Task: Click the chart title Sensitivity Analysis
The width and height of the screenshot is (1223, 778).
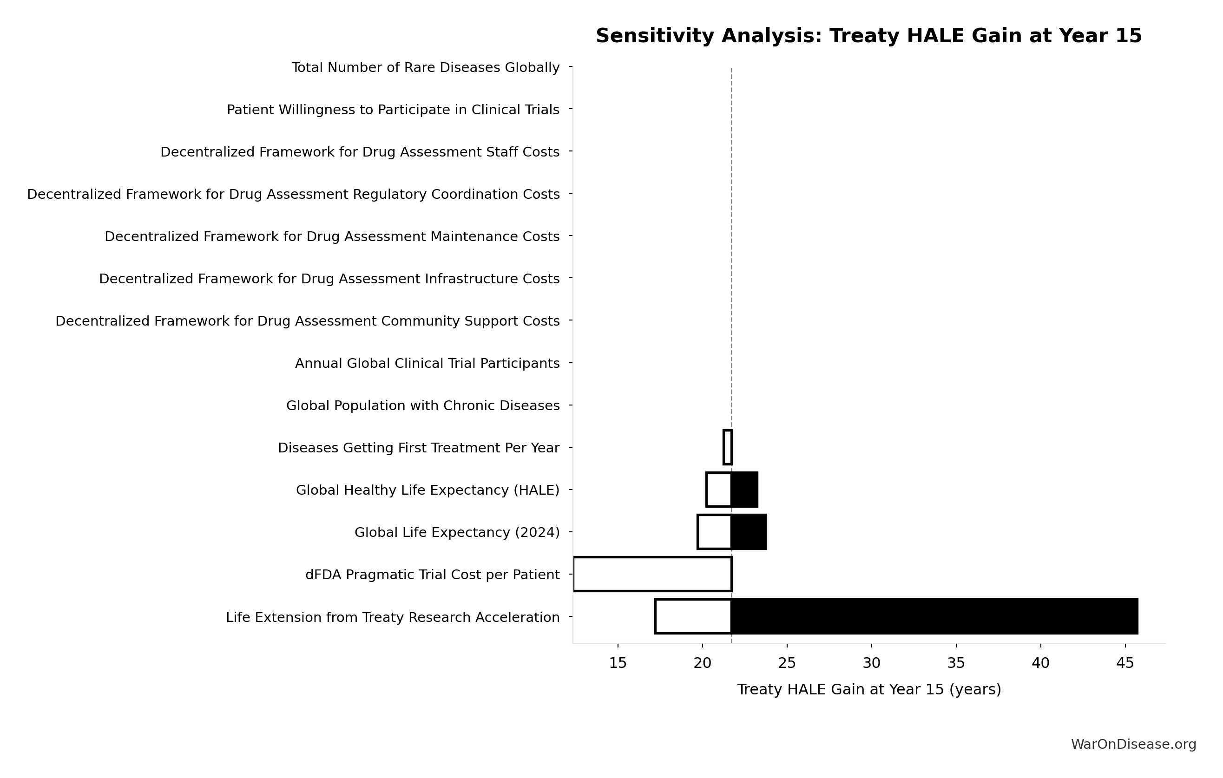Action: pyautogui.click(x=868, y=36)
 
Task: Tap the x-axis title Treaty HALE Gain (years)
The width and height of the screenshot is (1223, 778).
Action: pyautogui.click(x=869, y=690)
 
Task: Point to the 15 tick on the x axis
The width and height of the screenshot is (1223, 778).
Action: pyautogui.click(x=618, y=663)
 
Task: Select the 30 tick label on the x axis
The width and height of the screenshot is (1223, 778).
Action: pyautogui.click(x=872, y=663)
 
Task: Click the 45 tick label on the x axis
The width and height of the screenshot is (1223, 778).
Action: pyautogui.click(x=1125, y=663)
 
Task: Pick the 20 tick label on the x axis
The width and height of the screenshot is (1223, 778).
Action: pyautogui.click(x=703, y=663)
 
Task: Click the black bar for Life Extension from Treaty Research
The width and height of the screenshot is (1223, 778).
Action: pyautogui.click(x=934, y=616)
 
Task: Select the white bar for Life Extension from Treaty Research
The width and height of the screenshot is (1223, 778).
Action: pyautogui.click(x=693, y=616)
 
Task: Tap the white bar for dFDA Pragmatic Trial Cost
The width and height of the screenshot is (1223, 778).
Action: pyautogui.click(x=653, y=575)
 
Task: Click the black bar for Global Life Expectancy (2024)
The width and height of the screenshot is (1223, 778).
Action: pyautogui.click(x=749, y=532)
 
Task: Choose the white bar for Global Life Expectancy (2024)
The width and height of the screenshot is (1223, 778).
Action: pyautogui.click(x=715, y=532)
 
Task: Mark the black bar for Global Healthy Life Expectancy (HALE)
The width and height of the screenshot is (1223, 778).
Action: pyautogui.click(x=744, y=490)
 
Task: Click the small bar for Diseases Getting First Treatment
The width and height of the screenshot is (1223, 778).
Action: pyautogui.click(x=727, y=447)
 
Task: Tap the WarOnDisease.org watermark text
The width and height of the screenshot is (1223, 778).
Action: pyautogui.click(x=1134, y=745)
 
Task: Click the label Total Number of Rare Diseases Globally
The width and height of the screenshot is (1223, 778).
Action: pyautogui.click(x=426, y=67)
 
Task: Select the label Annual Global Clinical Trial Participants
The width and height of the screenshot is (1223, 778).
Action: pyautogui.click(x=427, y=364)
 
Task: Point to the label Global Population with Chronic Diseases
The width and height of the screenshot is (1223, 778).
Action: pyautogui.click(x=422, y=406)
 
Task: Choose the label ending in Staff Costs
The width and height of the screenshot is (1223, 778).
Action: pyautogui.click(x=360, y=152)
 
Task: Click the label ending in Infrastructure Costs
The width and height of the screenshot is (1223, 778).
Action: pyautogui.click(x=329, y=279)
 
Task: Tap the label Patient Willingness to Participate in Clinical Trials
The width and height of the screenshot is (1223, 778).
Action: pyautogui.click(x=393, y=110)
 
